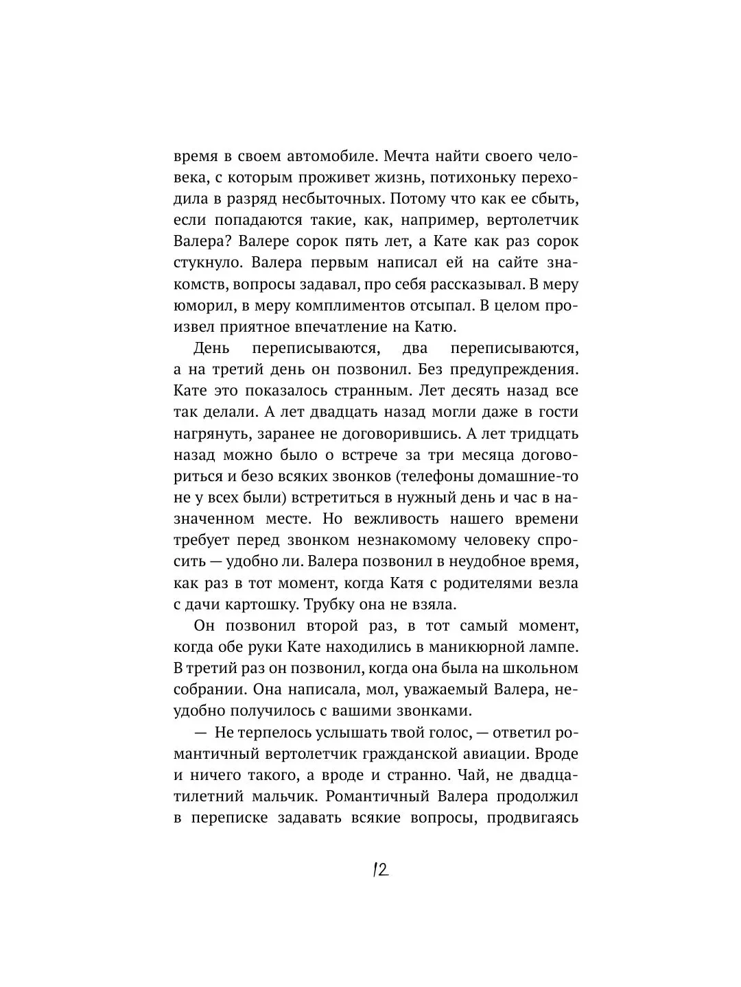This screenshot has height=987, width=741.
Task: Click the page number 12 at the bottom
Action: (x=380, y=870)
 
